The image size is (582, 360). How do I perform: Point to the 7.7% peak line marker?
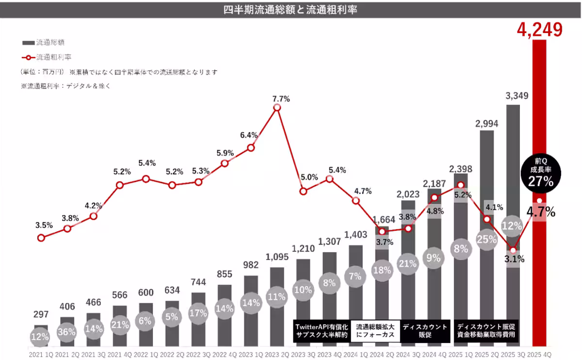(277, 107)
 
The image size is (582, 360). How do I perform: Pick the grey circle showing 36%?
(67, 331)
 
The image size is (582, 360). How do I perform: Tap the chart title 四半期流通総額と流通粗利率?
(291, 9)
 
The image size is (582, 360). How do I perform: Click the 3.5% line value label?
(44, 225)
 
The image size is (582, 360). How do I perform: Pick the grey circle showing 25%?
(486, 239)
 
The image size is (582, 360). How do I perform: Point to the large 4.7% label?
(540, 212)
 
